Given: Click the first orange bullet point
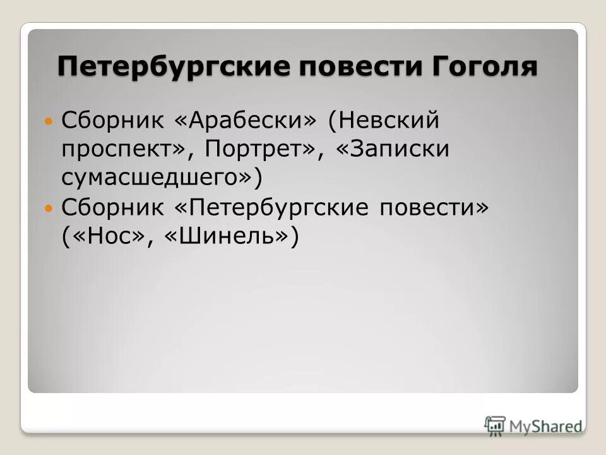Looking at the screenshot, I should pos(49,119).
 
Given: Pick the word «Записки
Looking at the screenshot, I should pos(395,149).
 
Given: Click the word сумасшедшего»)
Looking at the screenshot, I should pos(162,178).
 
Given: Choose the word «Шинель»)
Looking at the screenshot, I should pos(230,237).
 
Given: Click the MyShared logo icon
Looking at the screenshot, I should pos(496,425).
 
